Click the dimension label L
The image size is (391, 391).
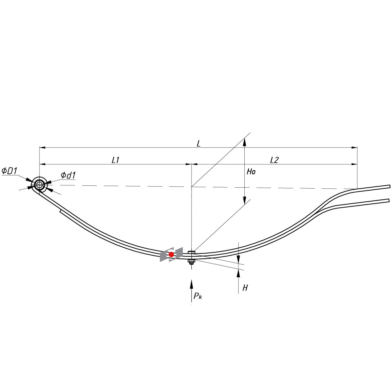[x=198, y=143]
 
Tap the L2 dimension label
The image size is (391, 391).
[x=274, y=160]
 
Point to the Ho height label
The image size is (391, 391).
[x=251, y=172]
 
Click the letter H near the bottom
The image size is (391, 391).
[x=245, y=287]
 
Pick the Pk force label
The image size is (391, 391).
[x=198, y=296]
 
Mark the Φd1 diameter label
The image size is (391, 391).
[x=68, y=175]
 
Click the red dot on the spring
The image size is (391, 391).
[x=171, y=254]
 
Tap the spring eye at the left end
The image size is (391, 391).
[x=40, y=185]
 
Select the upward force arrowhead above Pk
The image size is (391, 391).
[x=191, y=283]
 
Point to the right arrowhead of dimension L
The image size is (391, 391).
[x=354, y=148]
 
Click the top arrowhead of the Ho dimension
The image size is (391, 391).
[x=244, y=141]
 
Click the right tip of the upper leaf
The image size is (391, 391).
[x=389, y=186]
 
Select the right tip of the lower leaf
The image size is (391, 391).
[x=388, y=200]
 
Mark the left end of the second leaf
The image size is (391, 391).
[x=61, y=212]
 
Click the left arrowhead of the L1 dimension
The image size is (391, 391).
[x=43, y=164]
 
